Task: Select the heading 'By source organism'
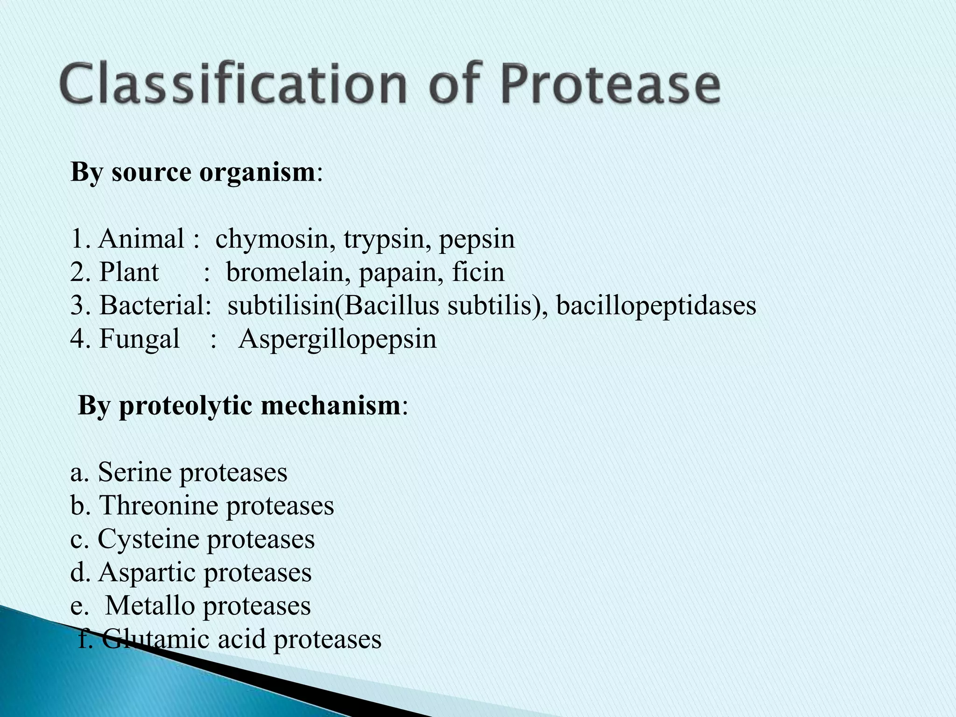(193, 172)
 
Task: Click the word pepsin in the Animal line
(477, 239)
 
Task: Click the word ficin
(478, 273)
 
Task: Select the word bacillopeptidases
(656, 306)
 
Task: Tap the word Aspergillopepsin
(337, 339)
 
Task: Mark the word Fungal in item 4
(139, 339)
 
